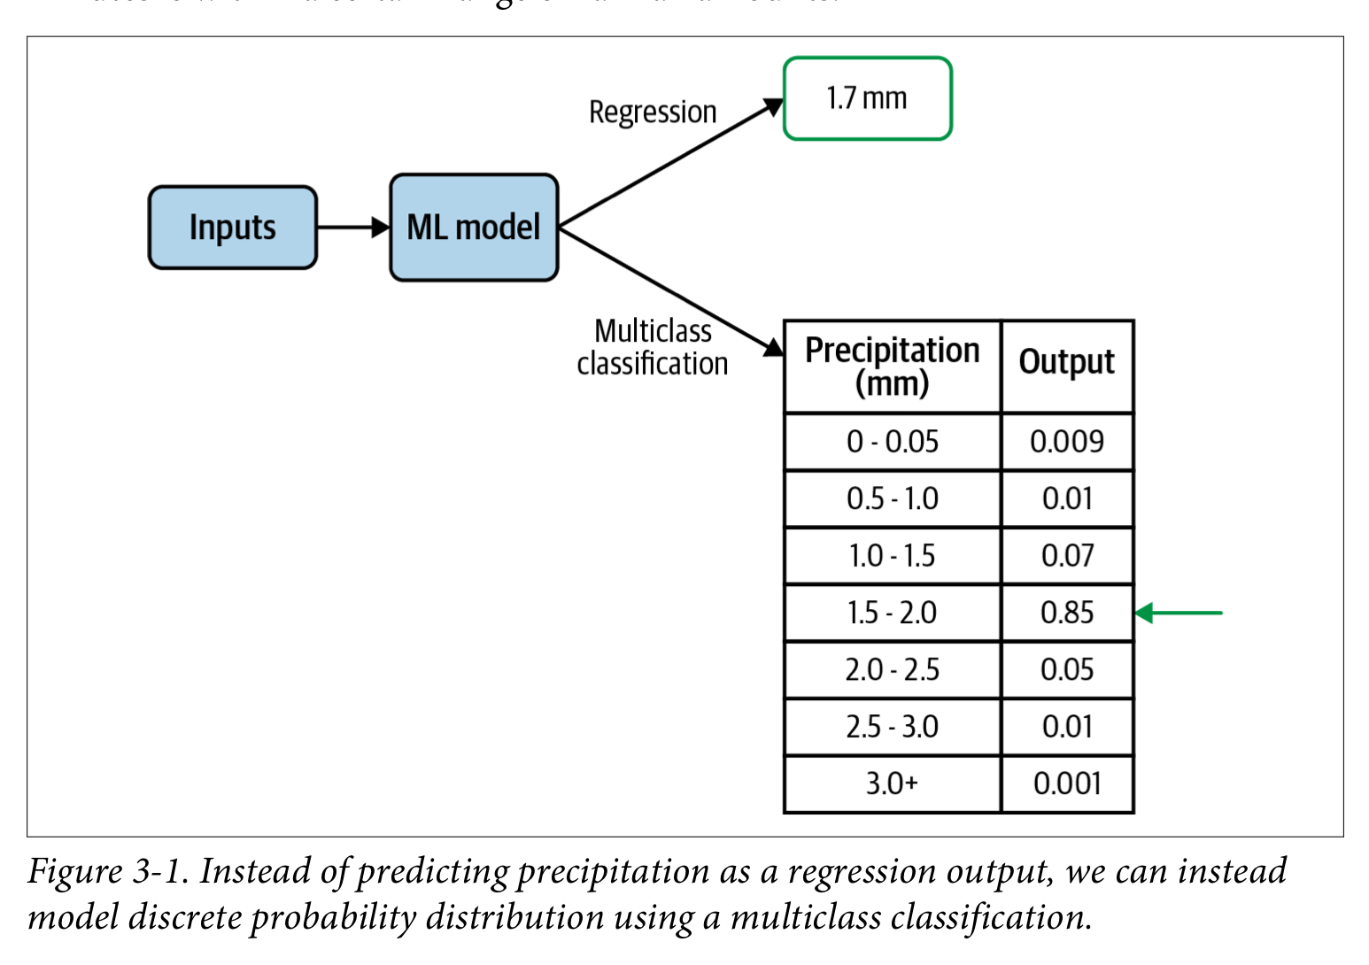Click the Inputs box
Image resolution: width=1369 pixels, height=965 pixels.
[x=232, y=228]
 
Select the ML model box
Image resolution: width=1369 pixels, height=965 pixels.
[x=474, y=228]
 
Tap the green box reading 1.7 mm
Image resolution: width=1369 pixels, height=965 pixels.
[x=867, y=98]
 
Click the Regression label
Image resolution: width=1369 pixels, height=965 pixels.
[x=653, y=112]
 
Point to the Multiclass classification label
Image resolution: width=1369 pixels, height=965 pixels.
[x=653, y=347]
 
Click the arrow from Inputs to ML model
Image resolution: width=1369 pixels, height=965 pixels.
[x=352, y=228]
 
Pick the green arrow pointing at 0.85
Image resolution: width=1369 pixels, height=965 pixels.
[x=1179, y=613]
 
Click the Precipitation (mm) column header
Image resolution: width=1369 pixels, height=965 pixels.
[x=892, y=367]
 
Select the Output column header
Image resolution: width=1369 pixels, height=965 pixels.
[x=1066, y=362]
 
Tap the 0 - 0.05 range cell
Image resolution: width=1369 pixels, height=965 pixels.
[x=892, y=442]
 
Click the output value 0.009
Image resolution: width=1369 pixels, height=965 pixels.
[x=1066, y=442]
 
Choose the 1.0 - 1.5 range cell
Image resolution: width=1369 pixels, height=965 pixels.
[x=892, y=556]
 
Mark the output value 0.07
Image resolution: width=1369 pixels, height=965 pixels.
[x=1066, y=556]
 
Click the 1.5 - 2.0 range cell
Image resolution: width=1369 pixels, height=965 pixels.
[x=892, y=613]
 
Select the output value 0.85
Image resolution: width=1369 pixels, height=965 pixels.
[x=1066, y=613]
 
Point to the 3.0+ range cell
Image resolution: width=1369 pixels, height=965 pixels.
[x=892, y=784]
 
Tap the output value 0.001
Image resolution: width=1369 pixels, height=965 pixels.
[x=1066, y=784]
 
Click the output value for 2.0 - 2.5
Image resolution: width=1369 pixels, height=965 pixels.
[x=1066, y=670]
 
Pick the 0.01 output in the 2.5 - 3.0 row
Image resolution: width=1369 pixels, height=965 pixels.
[x=1066, y=727]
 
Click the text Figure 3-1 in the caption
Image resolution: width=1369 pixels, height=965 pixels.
[x=107, y=872]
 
